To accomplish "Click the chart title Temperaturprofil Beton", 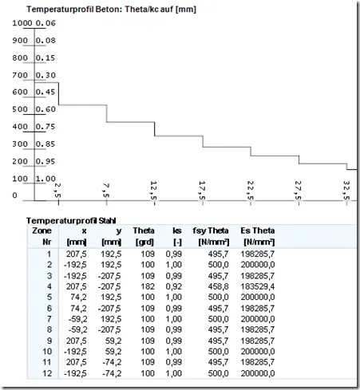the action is point(111,10).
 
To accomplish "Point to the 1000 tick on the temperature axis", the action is point(22,23).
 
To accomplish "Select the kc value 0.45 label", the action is point(45,92).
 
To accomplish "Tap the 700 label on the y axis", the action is point(20,75).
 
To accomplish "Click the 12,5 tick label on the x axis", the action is point(154,190).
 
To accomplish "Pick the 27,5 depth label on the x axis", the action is point(299,190).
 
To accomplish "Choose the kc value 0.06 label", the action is point(45,23).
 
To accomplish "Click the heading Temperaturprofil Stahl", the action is point(71,221).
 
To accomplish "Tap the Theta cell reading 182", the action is point(148,286).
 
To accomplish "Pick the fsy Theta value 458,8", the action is point(218,286).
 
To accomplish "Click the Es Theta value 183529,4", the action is point(258,286).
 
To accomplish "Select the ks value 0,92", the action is point(174,286).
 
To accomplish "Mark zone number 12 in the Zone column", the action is point(47,373).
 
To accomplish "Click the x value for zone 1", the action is point(77,254).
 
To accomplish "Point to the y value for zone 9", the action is point(113,341).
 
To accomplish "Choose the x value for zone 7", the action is point(77,319).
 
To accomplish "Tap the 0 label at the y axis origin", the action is point(14,195).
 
